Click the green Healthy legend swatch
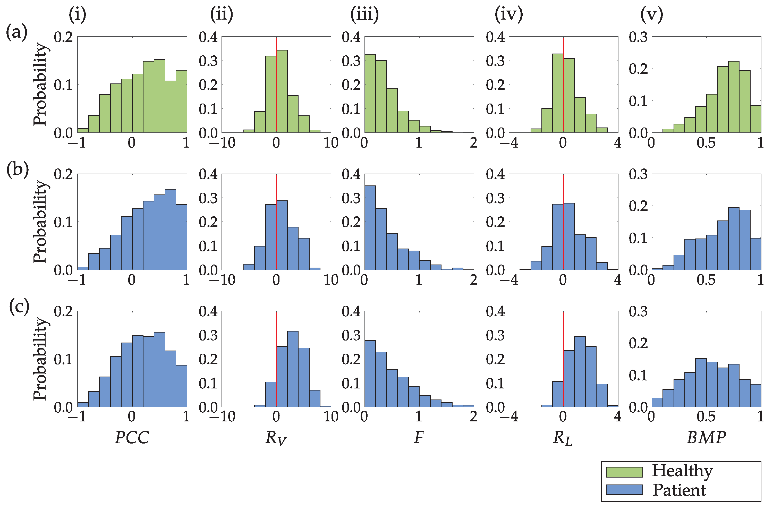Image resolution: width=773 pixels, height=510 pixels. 624,472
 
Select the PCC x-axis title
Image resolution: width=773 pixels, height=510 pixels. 132,437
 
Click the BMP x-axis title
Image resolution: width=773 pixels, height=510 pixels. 706,437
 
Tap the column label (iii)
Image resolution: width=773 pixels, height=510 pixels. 364,15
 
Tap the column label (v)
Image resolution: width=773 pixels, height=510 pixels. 651,15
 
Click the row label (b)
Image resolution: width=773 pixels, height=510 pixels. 18,170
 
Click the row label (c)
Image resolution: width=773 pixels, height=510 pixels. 19,307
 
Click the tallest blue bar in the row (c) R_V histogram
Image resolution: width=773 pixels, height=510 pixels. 293,369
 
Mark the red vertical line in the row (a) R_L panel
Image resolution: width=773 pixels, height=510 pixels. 563,46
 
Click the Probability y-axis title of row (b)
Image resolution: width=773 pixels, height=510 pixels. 40,222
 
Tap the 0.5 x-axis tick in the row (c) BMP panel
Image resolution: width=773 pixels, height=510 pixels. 706,417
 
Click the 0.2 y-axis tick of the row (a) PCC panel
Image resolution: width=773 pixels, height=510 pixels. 63,37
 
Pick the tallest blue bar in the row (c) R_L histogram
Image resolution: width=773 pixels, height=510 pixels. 580,371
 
